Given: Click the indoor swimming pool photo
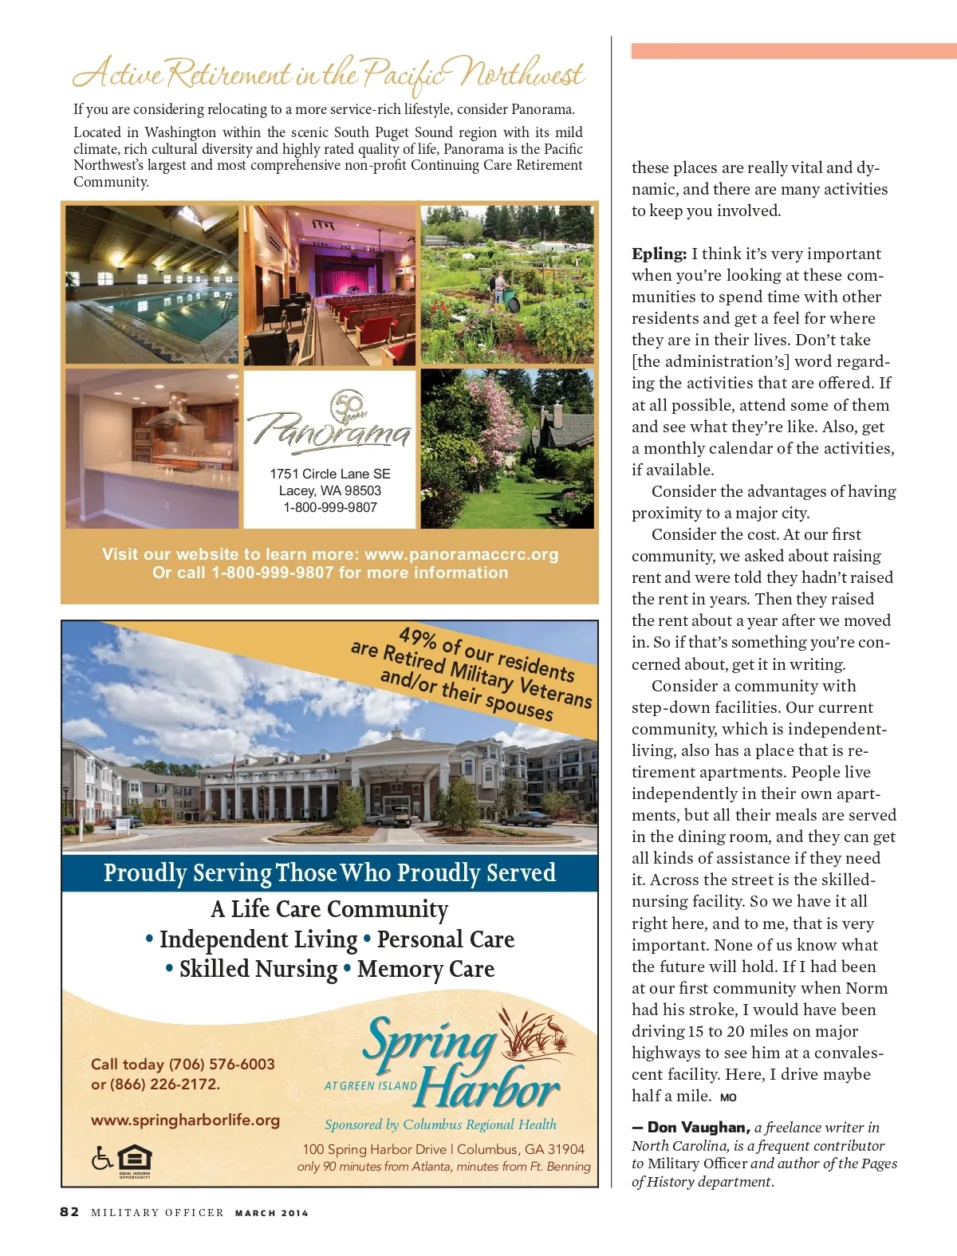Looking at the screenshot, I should click(x=152, y=285).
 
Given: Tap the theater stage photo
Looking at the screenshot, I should click(x=330, y=285).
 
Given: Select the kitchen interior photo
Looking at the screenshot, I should click(x=152, y=448).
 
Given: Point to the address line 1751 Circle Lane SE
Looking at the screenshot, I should click(x=330, y=474).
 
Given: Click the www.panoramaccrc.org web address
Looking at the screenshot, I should click(x=461, y=554).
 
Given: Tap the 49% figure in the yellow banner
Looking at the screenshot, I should click(x=417, y=638).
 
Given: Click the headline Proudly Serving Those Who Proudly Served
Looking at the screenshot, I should click(x=329, y=872).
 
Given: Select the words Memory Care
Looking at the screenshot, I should click(x=426, y=969).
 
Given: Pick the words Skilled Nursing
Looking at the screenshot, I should click(x=258, y=969).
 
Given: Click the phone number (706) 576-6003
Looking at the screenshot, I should click(x=222, y=1064).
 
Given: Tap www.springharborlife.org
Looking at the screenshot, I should click(x=185, y=1120).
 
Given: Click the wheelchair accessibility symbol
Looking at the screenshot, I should click(x=101, y=1157).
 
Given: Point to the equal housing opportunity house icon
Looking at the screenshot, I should click(x=134, y=1159).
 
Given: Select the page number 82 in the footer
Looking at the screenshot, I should click(x=69, y=1212).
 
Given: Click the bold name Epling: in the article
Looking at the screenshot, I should click(x=659, y=254).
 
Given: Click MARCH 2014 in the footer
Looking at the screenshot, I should click(x=271, y=1213).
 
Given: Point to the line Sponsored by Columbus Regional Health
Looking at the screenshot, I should click(x=440, y=1124).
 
